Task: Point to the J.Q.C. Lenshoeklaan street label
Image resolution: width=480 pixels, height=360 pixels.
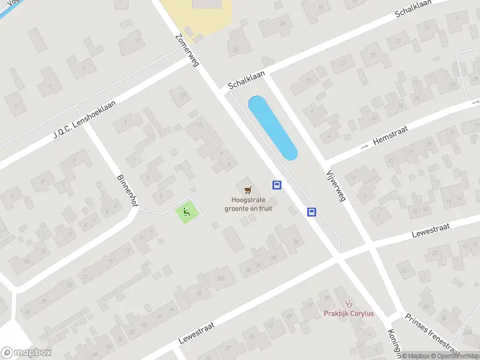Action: point(83,117)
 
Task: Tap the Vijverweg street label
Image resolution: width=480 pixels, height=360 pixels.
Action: point(336,184)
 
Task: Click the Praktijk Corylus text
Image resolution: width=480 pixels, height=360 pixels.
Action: point(349,314)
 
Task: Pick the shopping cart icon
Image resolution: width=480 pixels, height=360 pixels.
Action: point(248,190)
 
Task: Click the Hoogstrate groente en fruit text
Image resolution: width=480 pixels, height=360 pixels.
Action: point(248,204)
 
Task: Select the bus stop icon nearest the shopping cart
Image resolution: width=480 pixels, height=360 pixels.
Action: point(277,185)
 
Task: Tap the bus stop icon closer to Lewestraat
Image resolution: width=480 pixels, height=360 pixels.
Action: point(312,211)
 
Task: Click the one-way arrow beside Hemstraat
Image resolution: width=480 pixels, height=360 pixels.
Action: point(364,146)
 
